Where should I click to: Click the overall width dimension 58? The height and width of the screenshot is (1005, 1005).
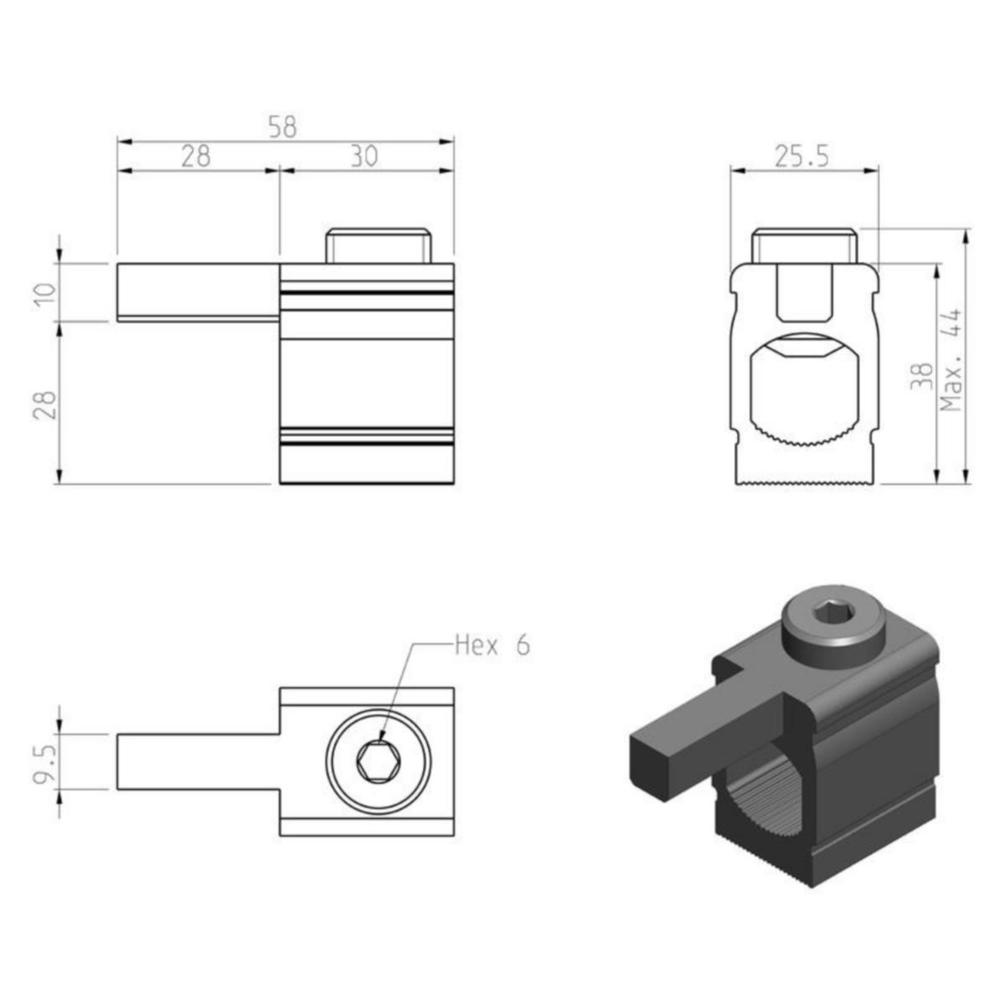pos(282,127)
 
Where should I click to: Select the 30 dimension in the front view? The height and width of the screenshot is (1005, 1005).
pos(363,157)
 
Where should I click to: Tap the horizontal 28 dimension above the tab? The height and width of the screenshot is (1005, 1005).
pos(195,157)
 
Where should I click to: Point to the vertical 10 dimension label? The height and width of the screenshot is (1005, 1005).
pos(45,292)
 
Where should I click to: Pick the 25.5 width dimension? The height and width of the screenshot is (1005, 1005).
pos(801,157)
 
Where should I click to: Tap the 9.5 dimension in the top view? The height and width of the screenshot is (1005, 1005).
pos(47,762)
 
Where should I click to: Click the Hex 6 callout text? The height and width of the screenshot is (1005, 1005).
pos(492,645)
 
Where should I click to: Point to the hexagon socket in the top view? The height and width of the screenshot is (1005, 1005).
pos(377,762)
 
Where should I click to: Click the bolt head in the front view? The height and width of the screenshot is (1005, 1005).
pos(379,246)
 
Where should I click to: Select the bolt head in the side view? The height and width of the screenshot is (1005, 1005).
pos(805,246)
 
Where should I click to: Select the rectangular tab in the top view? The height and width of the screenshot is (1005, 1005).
pos(198,762)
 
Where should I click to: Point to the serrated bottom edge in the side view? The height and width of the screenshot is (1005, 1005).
pos(805,482)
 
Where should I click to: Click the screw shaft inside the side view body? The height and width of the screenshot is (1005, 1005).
pos(805,291)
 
